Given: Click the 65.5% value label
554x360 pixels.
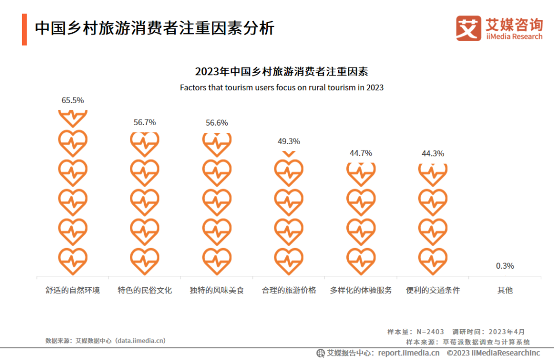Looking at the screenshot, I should (72, 101).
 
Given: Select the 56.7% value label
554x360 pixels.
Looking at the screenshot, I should (145, 123).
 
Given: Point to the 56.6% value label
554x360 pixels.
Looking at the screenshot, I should (216, 123).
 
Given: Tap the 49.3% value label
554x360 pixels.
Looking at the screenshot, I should (289, 142).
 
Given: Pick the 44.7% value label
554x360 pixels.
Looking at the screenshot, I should (361, 153).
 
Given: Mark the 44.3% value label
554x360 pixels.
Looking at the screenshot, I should (433, 154).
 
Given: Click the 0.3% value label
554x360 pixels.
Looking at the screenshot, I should (505, 266).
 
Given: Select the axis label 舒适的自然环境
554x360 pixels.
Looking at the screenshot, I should (72, 290).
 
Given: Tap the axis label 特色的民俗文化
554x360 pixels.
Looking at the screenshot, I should (145, 290).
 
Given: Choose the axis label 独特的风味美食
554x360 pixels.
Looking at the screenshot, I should (216, 290).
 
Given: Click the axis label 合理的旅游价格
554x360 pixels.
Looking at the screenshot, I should (289, 290).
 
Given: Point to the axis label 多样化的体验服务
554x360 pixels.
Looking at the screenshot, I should (361, 290).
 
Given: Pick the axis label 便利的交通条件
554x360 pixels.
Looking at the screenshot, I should (433, 290).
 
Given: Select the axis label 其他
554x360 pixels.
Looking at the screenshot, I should (505, 290).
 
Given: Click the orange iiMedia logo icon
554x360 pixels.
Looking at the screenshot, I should (468, 28).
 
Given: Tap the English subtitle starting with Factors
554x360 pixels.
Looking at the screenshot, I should (282, 88).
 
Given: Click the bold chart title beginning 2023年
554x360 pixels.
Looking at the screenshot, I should (282, 71).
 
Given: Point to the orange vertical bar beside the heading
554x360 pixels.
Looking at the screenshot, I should (24, 29).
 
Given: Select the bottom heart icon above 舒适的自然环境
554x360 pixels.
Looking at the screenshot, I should (72, 261).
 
